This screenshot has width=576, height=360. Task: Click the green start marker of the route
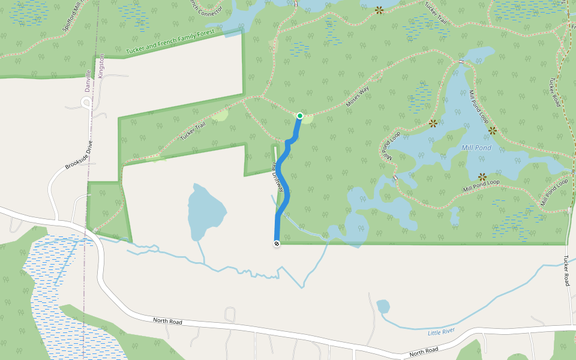(x=300, y=115)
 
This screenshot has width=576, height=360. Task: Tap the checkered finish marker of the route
(x=277, y=244)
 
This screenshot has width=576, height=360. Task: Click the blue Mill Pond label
(x=476, y=148)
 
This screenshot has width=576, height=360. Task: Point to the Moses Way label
(x=358, y=97)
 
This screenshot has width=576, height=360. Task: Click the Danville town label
(x=88, y=81)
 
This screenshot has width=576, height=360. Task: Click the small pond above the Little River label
(x=383, y=307)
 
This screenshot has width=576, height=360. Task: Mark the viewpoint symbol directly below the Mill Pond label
(x=482, y=176)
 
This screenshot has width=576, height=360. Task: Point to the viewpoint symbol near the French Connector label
(x=379, y=10)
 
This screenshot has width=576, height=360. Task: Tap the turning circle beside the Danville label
(x=86, y=103)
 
